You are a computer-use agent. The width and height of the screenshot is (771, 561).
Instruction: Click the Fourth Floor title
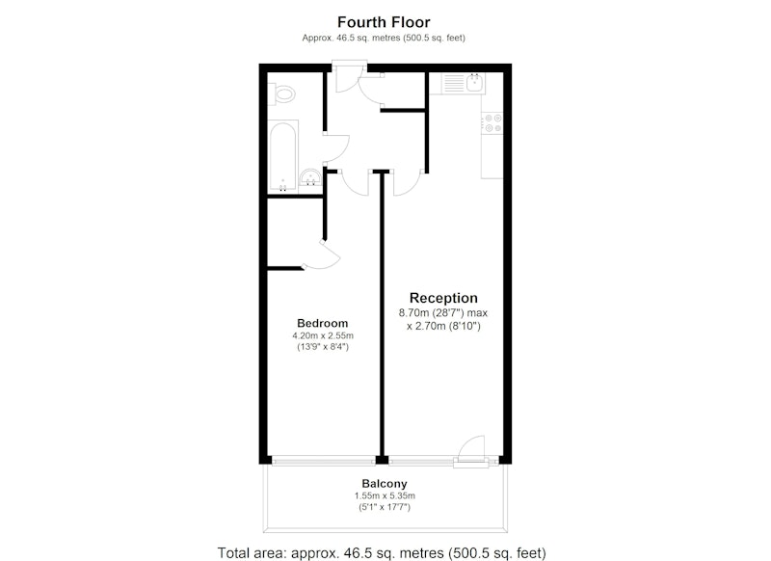point(384,22)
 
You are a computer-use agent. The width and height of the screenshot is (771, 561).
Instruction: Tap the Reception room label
point(443,298)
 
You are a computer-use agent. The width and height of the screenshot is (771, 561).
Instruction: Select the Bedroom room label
point(323,323)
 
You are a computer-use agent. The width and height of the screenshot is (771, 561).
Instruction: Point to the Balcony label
point(385,484)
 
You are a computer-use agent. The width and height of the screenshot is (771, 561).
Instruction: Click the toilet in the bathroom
point(281,93)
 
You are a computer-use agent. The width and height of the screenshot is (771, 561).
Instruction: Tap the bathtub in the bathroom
point(282,155)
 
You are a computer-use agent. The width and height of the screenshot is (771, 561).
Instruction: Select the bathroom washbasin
point(310,177)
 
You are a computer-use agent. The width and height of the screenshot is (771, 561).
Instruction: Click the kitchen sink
point(474,83)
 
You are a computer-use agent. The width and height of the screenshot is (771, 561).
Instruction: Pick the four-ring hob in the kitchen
point(492,123)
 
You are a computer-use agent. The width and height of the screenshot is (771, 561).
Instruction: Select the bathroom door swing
point(336,147)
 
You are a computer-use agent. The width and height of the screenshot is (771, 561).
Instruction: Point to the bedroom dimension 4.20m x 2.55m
point(323,336)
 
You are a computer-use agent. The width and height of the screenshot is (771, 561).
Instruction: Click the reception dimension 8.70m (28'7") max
point(443,312)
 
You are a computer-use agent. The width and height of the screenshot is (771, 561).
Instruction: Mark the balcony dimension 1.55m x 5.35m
point(385,496)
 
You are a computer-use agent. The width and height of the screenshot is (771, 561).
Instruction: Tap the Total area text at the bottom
point(382,552)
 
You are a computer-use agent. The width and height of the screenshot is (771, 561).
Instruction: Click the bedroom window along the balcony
point(324,461)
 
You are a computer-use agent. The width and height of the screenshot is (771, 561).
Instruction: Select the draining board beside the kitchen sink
point(453,83)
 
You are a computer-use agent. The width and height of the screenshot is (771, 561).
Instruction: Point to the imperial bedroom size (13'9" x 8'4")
point(323,347)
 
